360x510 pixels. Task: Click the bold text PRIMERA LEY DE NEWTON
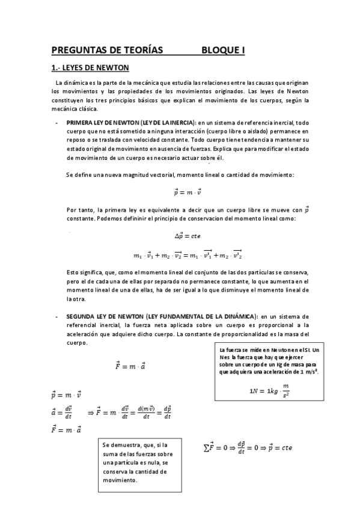112,122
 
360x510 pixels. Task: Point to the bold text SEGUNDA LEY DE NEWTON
113,316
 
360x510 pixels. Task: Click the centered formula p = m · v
187,192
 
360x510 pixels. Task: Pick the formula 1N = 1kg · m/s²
269,392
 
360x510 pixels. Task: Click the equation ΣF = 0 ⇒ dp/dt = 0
247,447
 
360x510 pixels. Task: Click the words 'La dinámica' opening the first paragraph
72,82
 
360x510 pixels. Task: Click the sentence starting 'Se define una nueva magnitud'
180,174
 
